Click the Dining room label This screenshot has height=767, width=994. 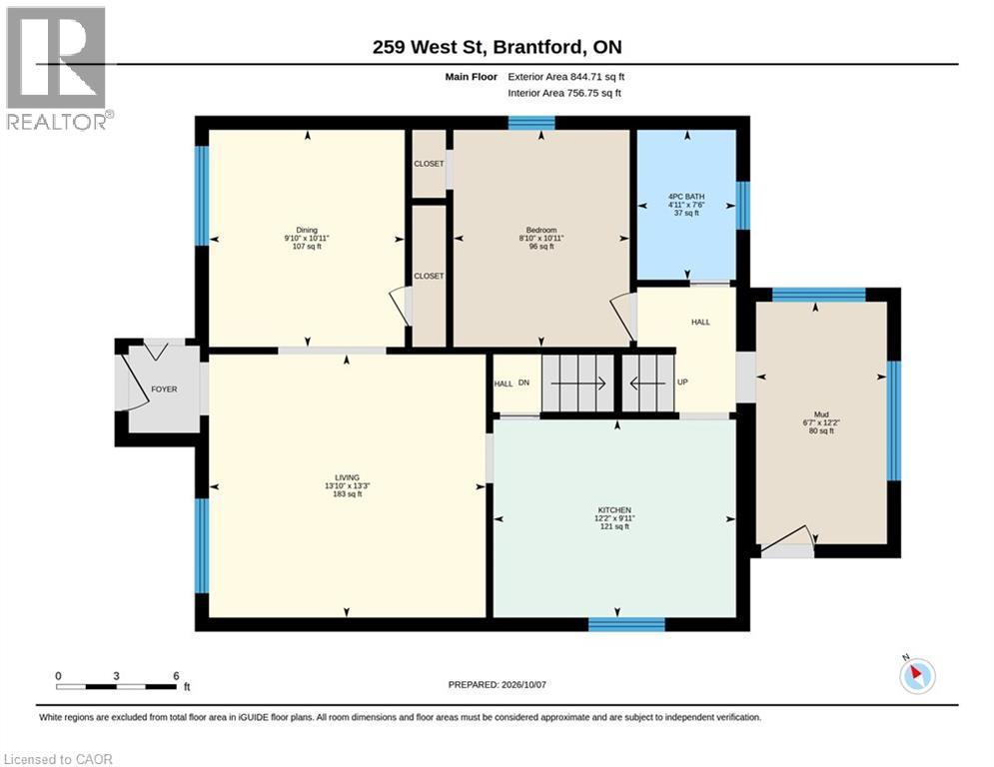pos(307,230)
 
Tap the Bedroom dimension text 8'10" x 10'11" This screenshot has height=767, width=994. pos(541,239)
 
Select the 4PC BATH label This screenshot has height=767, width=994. pos(686,197)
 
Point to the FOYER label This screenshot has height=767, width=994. pos(164,389)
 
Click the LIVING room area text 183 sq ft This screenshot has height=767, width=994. pos(348,493)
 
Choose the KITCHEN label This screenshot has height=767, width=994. pos(615,510)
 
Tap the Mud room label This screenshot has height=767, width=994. pos(821,414)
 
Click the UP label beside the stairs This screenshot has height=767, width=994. pos(682,383)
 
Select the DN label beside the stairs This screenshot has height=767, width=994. pos(524,383)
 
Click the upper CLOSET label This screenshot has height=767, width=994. pos(430,164)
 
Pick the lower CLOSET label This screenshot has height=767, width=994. pos(430,276)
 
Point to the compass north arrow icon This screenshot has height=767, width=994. pos(917,675)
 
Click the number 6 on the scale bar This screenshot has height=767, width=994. pos(176,676)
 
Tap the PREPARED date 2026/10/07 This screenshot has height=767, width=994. pos(523,684)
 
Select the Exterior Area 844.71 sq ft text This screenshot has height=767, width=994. pos(566,77)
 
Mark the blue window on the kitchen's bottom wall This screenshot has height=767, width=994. pos(627,624)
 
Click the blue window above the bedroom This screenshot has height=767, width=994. pos(531,122)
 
